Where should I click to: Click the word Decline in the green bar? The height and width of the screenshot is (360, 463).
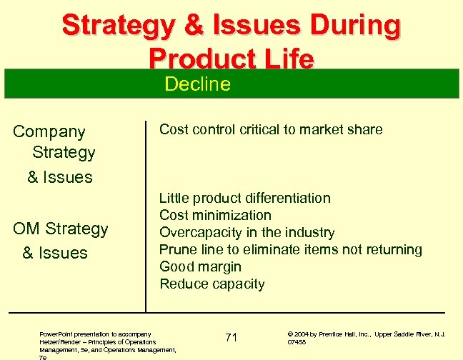click(x=197, y=84)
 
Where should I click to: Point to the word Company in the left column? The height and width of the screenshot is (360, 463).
click(x=49, y=131)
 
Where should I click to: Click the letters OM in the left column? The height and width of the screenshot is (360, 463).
click(x=26, y=229)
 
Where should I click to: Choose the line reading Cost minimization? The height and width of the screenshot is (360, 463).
click(x=215, y=215)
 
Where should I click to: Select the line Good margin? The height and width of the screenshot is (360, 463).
click(x=200, y=266)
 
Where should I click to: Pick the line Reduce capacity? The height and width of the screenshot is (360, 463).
click(x=211, y=284)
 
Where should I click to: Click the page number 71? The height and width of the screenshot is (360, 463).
click(x=231, y=337)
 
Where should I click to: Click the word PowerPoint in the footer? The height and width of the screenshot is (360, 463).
click(x=58, y=334)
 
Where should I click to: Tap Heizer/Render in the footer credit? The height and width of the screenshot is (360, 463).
click(x=60, y=341)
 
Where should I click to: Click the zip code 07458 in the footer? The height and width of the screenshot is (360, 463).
click(x=297, y=342)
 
